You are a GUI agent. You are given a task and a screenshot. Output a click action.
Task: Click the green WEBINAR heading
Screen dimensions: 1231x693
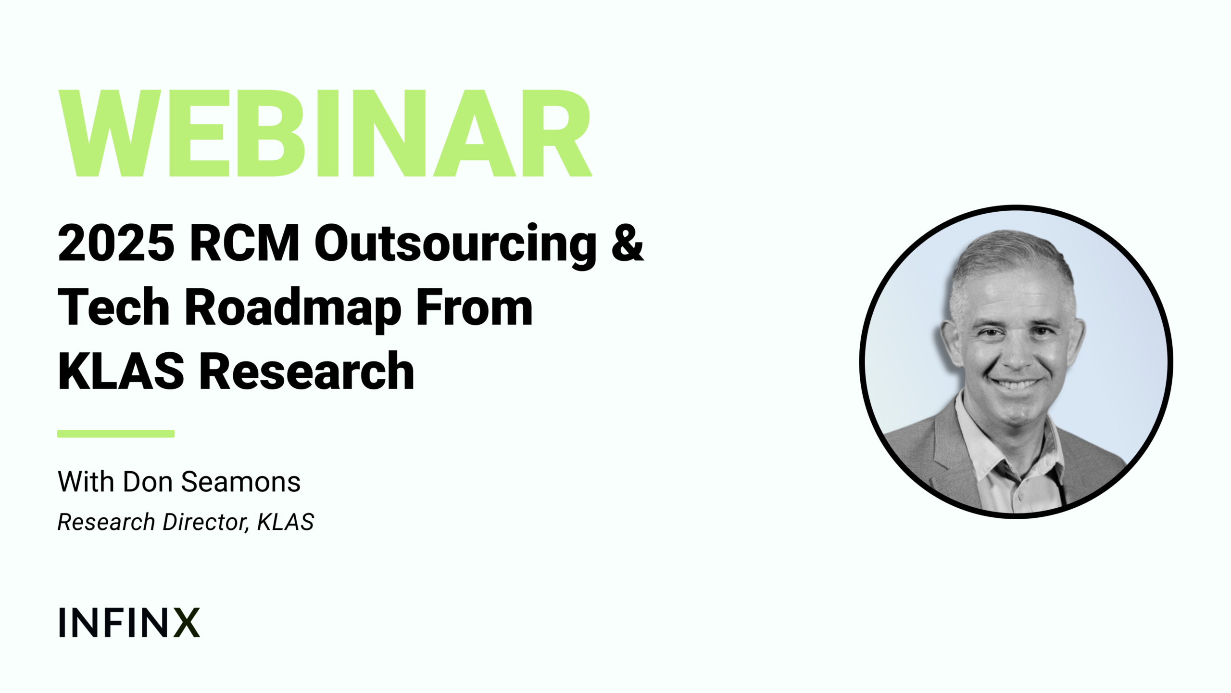tap(325, 133)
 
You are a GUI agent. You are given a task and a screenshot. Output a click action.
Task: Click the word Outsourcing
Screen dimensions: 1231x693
tap(456, 245)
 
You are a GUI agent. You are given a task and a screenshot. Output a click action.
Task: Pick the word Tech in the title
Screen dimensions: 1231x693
tap(113, 307)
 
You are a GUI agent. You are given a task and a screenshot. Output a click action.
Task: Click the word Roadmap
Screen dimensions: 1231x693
tap(293, 309)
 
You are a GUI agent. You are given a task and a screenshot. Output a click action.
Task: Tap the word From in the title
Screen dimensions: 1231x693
tap(475, 307)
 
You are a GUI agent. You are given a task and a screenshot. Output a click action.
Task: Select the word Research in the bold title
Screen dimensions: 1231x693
tap(307, 371)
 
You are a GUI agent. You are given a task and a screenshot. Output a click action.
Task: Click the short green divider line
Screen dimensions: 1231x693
tap(116, 434)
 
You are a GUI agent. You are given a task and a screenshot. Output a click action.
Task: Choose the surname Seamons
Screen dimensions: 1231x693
tap(241, 482)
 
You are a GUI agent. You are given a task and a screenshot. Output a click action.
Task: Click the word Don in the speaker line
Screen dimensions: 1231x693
tap(148, 482)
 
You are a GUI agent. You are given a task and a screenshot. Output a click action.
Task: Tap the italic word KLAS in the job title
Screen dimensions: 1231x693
tap(286, 522)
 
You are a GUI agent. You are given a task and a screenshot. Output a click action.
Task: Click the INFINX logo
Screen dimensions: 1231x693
tap(129, 622)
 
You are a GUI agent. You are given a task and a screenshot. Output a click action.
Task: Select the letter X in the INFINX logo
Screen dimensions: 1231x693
tap(187, 622)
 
